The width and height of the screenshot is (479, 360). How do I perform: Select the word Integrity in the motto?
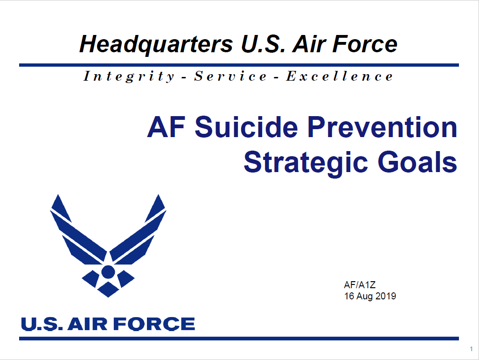pyautogui.click(x=129, y=76)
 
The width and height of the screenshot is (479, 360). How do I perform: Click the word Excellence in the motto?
pyautogui.click(x=340, y=76)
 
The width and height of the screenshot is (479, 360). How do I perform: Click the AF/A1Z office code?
pyautogui.click(x=357, y=284)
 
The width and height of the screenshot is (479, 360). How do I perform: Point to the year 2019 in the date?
pyautogui.click(x=385, y=296)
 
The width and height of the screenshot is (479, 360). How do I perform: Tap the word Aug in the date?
pyautogui.click(x=365, y=296)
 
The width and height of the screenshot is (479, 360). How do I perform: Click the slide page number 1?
pyautogui.click(x=472, y=349)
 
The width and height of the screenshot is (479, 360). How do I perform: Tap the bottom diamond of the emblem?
pyautogui.click(x=108, y=289)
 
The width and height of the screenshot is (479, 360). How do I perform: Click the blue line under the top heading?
pyautogui.click(x=239, y=65)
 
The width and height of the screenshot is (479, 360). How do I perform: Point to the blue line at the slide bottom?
pyautogui.click(x=239, y=339)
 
